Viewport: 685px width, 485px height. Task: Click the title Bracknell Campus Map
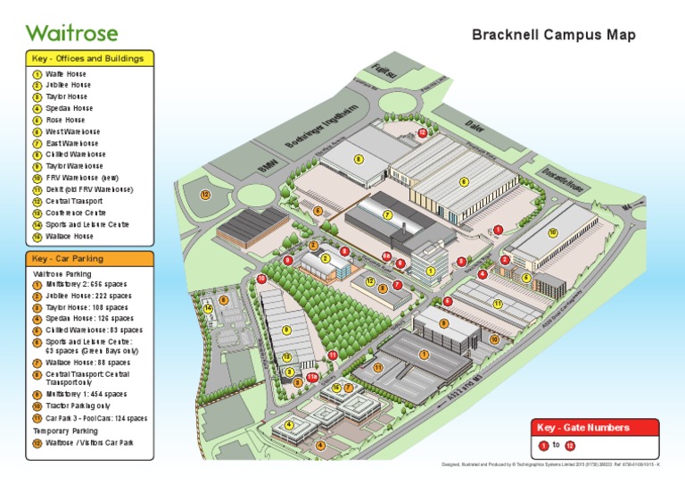tap(554, 35)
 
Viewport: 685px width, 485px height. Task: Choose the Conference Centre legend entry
tap(76, 213)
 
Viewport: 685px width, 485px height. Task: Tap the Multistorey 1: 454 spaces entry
tap(86, 394)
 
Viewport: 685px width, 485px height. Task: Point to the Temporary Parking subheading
tap(66, 431)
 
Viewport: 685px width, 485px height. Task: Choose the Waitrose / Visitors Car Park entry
tap(89, 443)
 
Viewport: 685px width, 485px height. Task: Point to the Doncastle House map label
tap(564, 184)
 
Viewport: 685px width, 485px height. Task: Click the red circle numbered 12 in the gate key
tap(570, 445)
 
